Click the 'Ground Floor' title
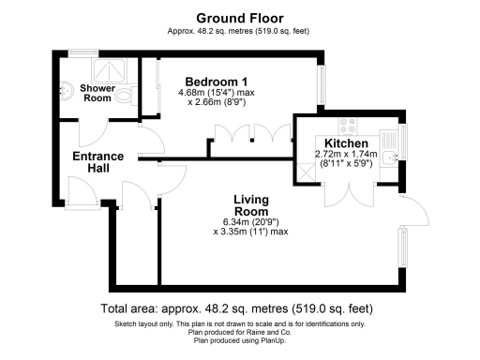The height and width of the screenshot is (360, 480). tap(239, 17)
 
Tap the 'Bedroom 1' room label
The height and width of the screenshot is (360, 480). tap(217, 80)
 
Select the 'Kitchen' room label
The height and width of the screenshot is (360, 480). tap(346, 142)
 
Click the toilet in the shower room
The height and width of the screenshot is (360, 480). tap(130, 92)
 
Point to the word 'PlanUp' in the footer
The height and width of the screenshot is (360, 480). tap(270, 340)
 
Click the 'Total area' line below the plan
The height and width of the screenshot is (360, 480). tap(239, 309)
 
